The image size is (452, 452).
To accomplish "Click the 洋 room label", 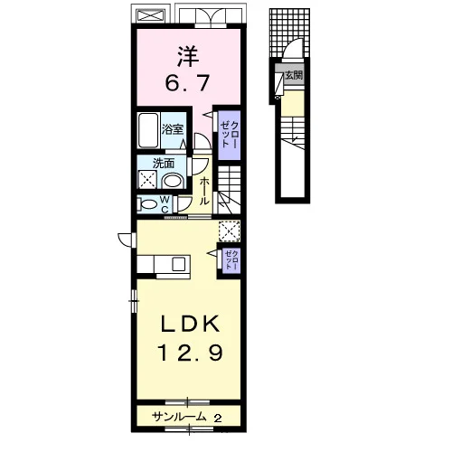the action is (x=188, y=56).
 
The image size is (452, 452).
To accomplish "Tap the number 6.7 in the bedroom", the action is (x=187, y=82).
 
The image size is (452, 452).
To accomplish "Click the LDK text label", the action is (x=190, y=325).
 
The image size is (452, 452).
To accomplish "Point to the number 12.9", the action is (x=191, y=353).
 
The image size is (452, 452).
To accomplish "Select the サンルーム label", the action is (x=179, y=417).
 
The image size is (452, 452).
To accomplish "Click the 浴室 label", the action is (x=173, y=129).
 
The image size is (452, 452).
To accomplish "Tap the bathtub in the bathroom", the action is (x=148, y=130).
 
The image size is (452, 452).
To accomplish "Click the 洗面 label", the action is (x=164, y=164).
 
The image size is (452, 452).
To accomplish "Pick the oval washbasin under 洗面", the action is (x=173, y=181).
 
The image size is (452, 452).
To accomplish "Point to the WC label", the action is (x=165, y=204).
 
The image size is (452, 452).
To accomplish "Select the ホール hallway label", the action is (x=204, y=192).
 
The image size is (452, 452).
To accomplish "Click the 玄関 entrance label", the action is (x=294, y=75).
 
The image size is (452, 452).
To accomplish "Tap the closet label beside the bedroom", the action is (x=230, y=135).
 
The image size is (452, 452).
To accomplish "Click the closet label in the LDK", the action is (x=231, y=259).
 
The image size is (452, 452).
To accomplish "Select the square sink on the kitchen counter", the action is (x=179, y=264).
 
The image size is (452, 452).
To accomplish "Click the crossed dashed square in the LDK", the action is (x=230, y=231).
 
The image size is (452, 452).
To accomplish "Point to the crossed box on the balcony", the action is (x=151, y=15).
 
